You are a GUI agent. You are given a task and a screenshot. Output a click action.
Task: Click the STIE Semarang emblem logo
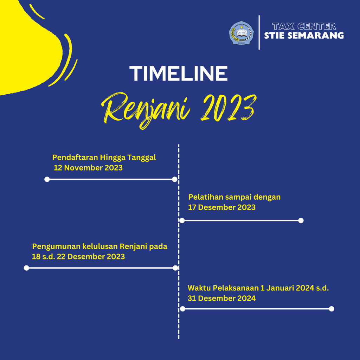pyautogui.click(x=241, y=33)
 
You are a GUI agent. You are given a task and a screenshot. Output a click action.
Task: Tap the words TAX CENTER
pyautogui.click(x=304, y=26)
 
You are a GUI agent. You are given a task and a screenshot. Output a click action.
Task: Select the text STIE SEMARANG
pyautogui.click(x=304, y=36)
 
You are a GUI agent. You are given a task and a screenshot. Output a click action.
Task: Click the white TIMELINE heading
pyautogui.click(x=178, y=73)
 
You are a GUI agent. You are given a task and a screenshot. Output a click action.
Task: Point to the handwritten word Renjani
pyautogui.click(x=146, y=110)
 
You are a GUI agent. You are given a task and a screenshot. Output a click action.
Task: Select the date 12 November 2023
pyautogui.click(x=88, y=168)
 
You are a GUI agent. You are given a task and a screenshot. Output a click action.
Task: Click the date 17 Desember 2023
pyautogui.click(x=222, y=207)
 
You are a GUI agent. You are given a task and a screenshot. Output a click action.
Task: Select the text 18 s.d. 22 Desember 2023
pyautogui.click(x=78, y=257)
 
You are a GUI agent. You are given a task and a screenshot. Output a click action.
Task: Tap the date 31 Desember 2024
pyautogui.click(x=221, y=298)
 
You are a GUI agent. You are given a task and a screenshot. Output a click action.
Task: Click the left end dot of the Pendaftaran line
pyautogui.click(x=47, y=179)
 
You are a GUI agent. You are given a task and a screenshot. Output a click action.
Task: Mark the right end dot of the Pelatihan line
pyautogui.click(x=301, y=221)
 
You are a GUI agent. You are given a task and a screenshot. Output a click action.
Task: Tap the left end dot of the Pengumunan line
pyautogui.click(x=26, y=268)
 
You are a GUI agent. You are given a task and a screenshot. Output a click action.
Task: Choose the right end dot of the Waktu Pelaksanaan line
pyautogui.click(x=332, y=309)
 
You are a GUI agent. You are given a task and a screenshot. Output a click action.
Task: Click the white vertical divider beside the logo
pyautogui.click(x=259, y=32)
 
